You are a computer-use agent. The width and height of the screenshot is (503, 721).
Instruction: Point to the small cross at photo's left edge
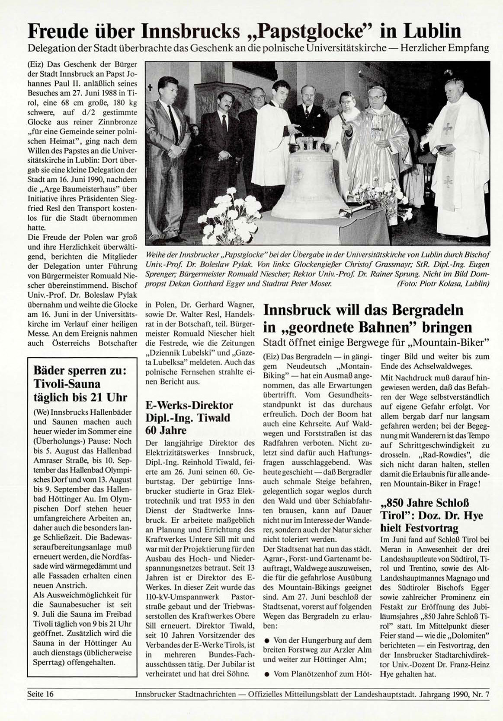151,89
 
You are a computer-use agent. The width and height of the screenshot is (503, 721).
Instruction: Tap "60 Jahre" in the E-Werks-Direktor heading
166,430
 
